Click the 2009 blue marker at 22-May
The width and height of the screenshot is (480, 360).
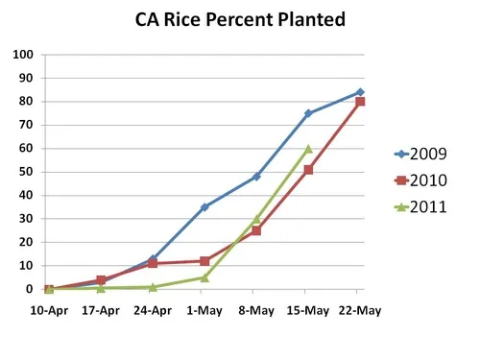(x=359, y=92)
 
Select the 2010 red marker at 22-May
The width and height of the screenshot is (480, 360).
(x=359, y=102)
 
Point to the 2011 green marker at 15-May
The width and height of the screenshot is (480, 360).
(x=308, y=149)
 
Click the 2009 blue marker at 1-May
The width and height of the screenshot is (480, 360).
(x=204, y=207)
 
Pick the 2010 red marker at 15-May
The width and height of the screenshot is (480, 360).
(x=308, y=170)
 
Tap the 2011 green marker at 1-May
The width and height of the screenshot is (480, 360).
(x=204, y=277)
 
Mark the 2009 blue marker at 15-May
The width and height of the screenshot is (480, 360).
(x=308, y=113)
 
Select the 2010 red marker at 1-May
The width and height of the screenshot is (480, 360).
(x=204, y=261)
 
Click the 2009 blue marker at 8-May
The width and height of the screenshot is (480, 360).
(x=256, y=177)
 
